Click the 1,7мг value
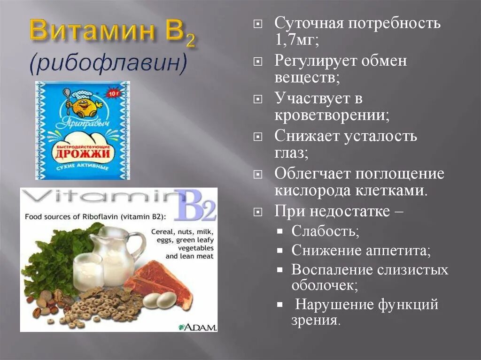pyautogui.click(x=296, y=39)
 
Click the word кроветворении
pyautogui.click(x=331, y=115)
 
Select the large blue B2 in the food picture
pyautogui.click(x=195, y=205)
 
